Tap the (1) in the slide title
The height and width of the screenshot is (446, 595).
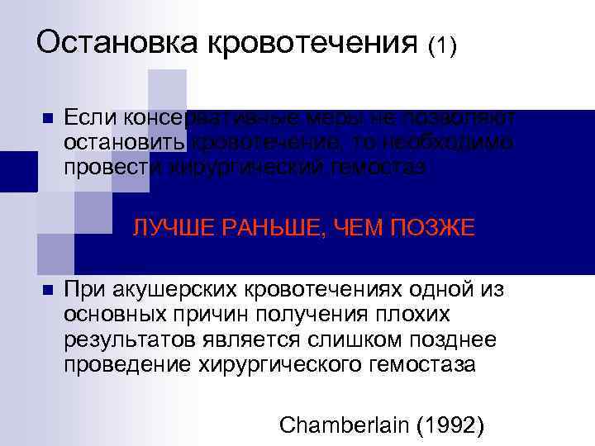point(441,46)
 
